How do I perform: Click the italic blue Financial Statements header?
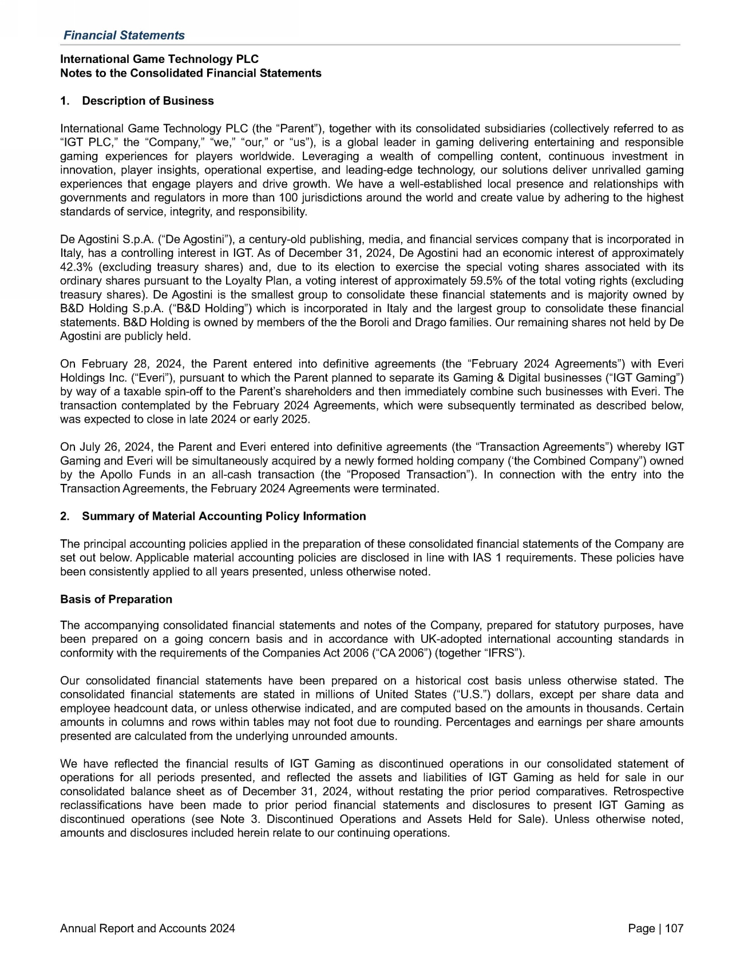pos(124,35)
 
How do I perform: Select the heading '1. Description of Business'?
pos(137,101)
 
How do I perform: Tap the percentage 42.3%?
pos(74,267)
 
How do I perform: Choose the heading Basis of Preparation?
pos(116,599)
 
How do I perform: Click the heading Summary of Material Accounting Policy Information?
pos(224,516)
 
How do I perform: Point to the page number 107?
pos(674,929)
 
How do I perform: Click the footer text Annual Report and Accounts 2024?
pos(148,929)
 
